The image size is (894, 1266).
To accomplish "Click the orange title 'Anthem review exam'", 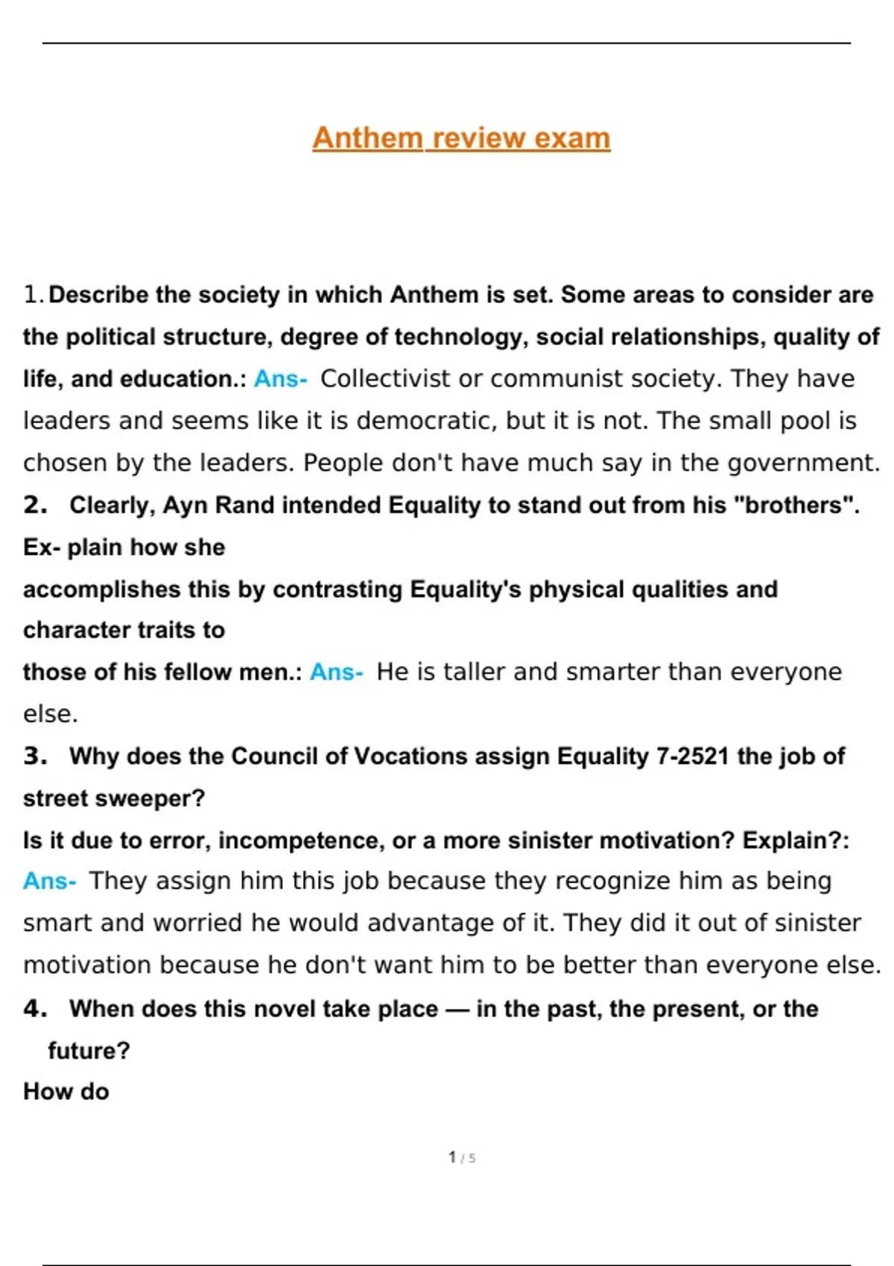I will point(461,138).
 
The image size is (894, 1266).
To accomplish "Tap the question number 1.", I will point(32,295).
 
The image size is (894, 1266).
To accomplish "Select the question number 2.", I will point(34,505).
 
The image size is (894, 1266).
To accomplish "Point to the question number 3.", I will point(34,756).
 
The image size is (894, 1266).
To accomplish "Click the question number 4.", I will point(34,1008).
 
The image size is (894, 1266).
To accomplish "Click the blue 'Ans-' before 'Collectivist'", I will point(280,379).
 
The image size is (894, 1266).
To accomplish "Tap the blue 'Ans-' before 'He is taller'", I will point(336,672).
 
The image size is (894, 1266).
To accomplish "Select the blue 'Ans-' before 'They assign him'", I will point(49,881).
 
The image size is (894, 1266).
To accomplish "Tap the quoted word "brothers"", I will point(794,505).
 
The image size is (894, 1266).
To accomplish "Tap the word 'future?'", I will point(89,1051).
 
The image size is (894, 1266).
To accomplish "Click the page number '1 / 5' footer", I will point(462,1157).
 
